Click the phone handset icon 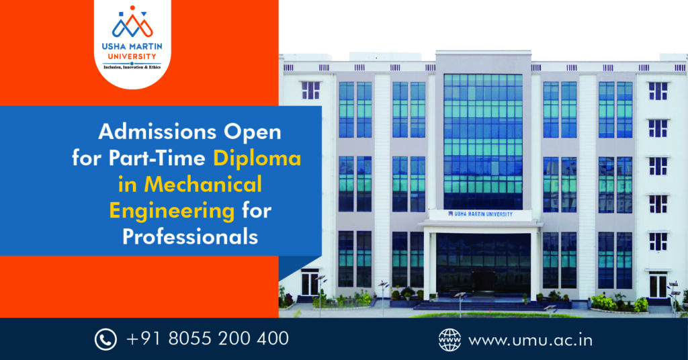tap(105, 339)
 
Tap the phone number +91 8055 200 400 tap(208, 339)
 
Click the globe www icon tap(449, 340)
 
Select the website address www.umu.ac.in tap(531, 341)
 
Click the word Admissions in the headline tap(158, 132)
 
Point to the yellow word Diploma tap(257, 159)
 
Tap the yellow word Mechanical tap(190, 184)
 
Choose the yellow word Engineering tap(171, 212)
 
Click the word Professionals tap(190, 237)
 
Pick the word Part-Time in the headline tap(157, 159)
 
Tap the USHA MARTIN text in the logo tap(132, 46)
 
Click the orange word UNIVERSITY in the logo tap(132, 56)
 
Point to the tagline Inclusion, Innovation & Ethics tap(132, 67)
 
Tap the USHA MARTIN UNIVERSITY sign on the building tap(480, 214)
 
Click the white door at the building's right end tap(658, 285)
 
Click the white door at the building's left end tap(310, 282)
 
